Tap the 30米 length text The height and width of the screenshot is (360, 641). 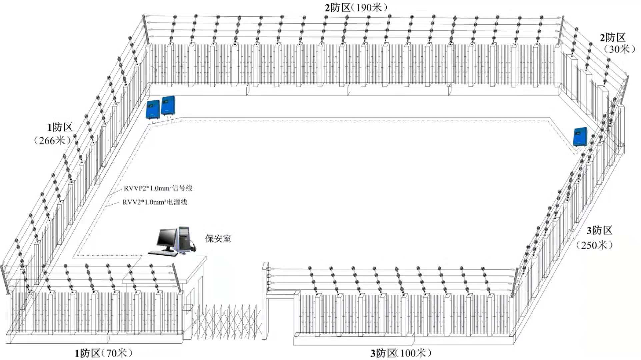click(x=619, y=49)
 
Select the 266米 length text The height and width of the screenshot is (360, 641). click(x=52, y=141)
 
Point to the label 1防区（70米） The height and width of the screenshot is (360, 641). click(x=104, y=353)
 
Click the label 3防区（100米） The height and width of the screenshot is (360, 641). click(x=401, y=353)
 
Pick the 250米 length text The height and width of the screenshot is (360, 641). click(x=594, y=245)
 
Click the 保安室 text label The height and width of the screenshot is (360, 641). click(x=218, y=239)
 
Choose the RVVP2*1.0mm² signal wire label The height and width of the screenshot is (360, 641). click(x=158, y=188)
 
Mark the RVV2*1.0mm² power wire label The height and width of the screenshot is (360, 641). click(x=155, y=202)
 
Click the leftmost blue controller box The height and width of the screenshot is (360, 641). click(x=153, y=109)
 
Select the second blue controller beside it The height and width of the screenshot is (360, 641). click(x=168, y=106)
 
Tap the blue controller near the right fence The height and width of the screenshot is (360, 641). click(x=580, y=137)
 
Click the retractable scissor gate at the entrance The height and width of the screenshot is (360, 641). click(x=227, y=322)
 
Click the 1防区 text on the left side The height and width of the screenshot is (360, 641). click(x=60, y=127)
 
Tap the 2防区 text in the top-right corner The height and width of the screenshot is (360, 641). click(x=613, y=37)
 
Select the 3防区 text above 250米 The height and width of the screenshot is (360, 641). click(x=599, y=230)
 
